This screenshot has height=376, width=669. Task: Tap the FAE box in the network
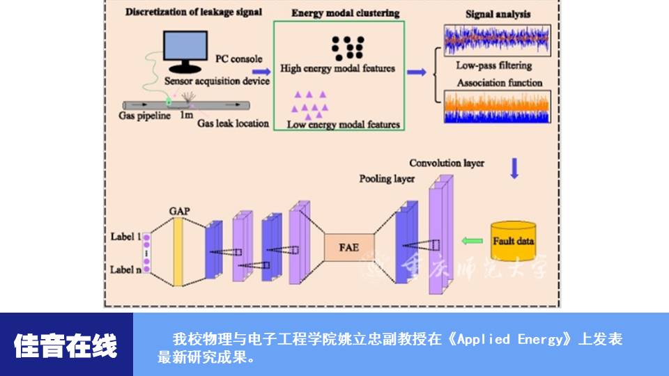[x=349, y=248]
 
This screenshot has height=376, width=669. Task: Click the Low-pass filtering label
[x=493, y=65]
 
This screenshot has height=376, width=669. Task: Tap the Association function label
[x=499, y=83]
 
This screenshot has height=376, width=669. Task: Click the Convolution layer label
[x=447, y=163]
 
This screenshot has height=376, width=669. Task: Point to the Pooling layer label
[x=387, y=179]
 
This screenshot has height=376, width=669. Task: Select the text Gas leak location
[x=233, y=123]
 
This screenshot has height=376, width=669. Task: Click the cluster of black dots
[x=347, y=47]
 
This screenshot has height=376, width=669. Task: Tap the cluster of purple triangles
[x=310, y=104]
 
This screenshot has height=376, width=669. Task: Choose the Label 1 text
[x=125, y=236]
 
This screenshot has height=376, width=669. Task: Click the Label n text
[x=125, y=269]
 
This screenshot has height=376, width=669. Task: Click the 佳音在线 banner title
[x=66, y=345]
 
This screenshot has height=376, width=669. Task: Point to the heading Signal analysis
[x=498, y=13]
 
